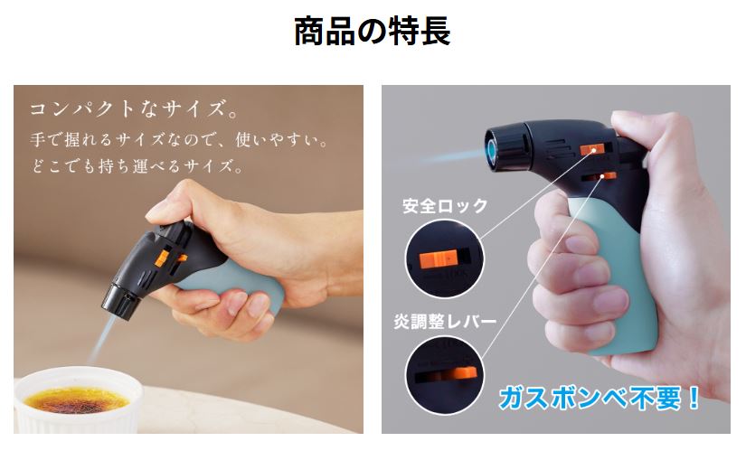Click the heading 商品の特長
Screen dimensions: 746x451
coord(372,31)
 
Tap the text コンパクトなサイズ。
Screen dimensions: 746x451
coord(134,109)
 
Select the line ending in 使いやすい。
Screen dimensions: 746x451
coord(180,140)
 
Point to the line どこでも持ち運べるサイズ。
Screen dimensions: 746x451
coord(138,166)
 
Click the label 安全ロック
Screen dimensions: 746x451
coord(445,205)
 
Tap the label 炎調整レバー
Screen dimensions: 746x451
coord(445,322)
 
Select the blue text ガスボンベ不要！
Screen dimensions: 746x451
coord(600,399)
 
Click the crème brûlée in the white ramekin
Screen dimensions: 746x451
coord(77,400)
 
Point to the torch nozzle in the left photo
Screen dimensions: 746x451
coord(120,301)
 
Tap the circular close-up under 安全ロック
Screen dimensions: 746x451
coord(444,259)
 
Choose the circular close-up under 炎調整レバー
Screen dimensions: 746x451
coord(444,375)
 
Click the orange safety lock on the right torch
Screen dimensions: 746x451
coord(591,149)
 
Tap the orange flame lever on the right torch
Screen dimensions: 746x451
coord(608,176)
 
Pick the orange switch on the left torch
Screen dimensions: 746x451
coord(161,258)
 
